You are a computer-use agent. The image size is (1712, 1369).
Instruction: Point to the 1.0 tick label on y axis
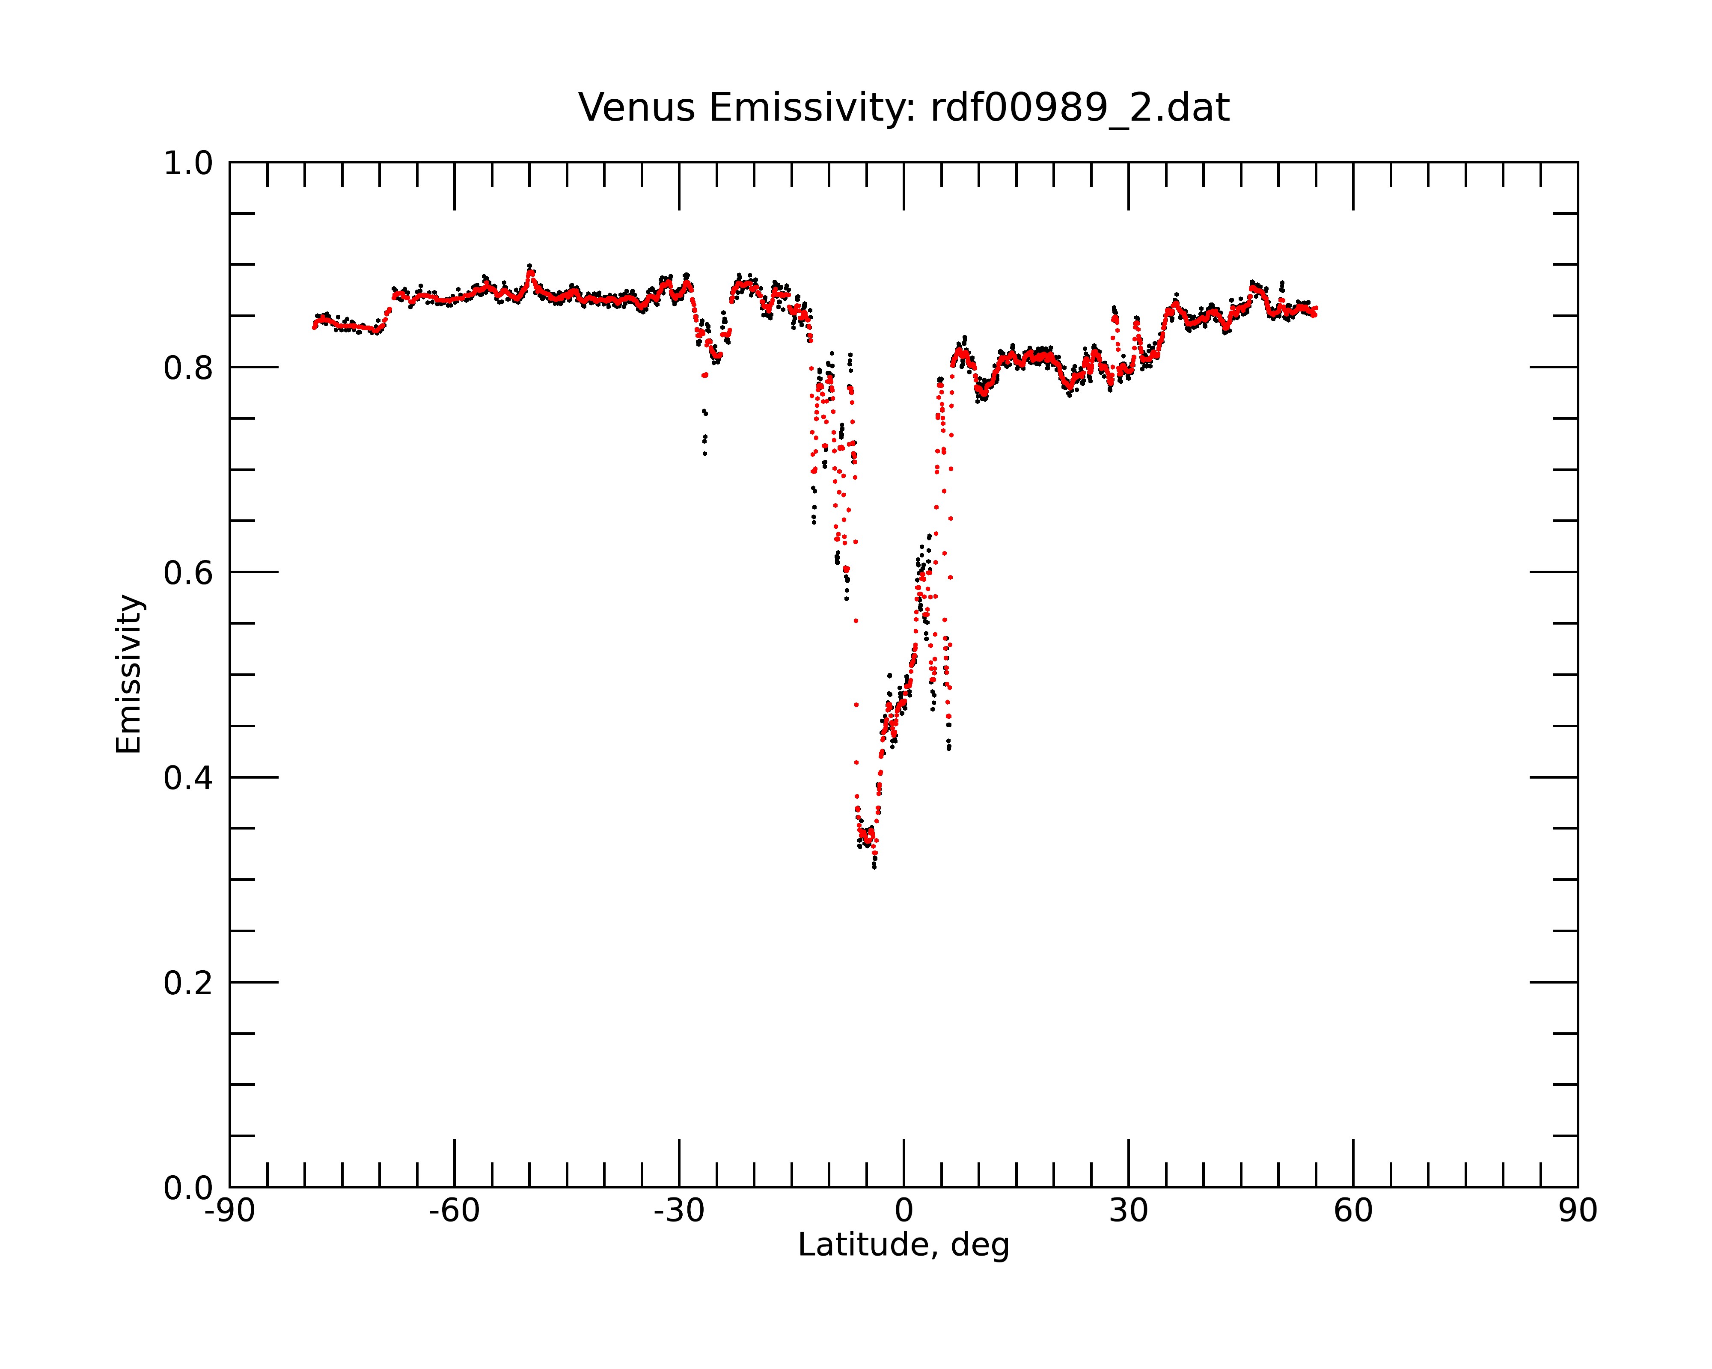pyautogui.click(x=188, y=163)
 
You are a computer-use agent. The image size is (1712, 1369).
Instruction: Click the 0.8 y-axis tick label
pyautogui.click(x=188, y=368)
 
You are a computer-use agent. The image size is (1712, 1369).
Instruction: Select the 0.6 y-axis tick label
pyautogui.click(x=188, y=573)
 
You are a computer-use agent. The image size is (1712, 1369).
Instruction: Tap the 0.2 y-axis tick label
pyautogui.click(x=188, y=983)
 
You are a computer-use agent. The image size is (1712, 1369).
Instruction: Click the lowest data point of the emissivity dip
pyautogui.click(x=874, y=867)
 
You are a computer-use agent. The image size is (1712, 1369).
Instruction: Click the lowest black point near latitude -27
pyautogui.click(x=704, y=454)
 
